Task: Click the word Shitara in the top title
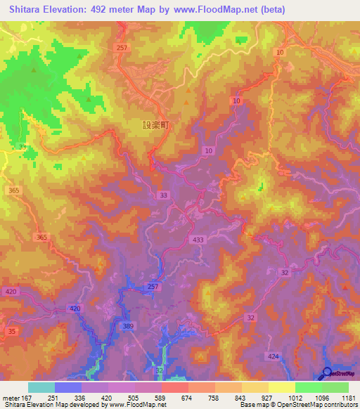30,10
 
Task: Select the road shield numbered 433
198,240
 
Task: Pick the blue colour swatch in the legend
67,387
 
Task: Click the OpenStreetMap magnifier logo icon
327,372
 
